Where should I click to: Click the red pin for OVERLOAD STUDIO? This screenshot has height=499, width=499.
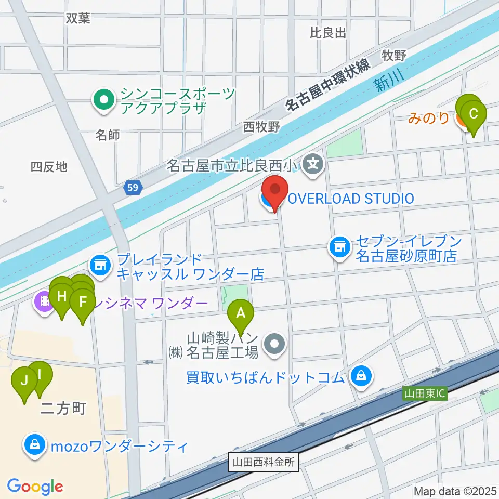pyautogui.click(x=274, y=190)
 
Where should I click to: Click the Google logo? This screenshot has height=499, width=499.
pyautogui.click(x=35, y=487)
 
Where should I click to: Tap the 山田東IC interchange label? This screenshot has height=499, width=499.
pyautogui.click(x=425, y=395)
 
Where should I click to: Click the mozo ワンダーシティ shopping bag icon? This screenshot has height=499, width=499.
pyautogui.click(x=34, y=445)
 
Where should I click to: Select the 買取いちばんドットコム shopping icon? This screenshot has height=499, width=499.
pyautogui.click(x=361, y=376)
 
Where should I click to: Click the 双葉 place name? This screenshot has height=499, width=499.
pyautogui.click(x=78, y=18)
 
